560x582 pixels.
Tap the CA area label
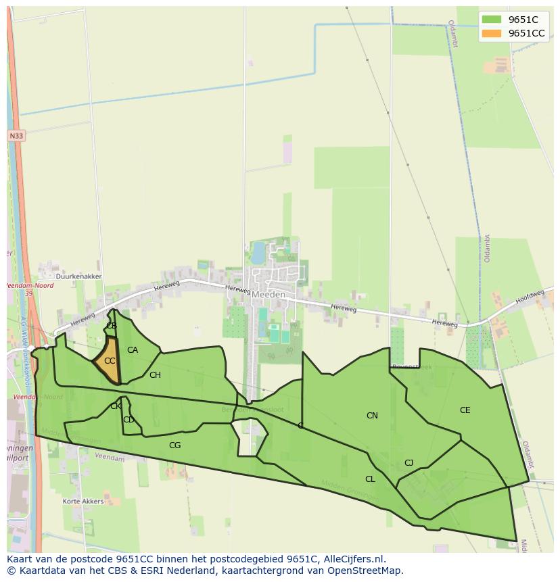[133, 350]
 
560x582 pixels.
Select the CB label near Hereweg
[112, 326]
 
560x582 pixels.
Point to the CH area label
[155, 375]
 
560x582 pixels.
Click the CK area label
[116, 406]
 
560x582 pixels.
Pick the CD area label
[129, 420]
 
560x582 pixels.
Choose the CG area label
[174, 445]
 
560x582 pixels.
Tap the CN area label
[372, 416]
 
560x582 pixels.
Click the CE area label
[465, 410]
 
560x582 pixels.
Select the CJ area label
[409, 463]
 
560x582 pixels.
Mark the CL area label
[370, 479]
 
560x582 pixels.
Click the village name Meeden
[269, 295]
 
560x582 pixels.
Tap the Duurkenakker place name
[79, 276]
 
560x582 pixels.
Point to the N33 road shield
[16, 136]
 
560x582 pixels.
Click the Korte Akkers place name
[83, 502]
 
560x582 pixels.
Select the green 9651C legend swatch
[492, 20]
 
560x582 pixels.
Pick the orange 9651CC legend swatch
[492, 33]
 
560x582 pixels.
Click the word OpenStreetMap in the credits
[367, 571]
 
